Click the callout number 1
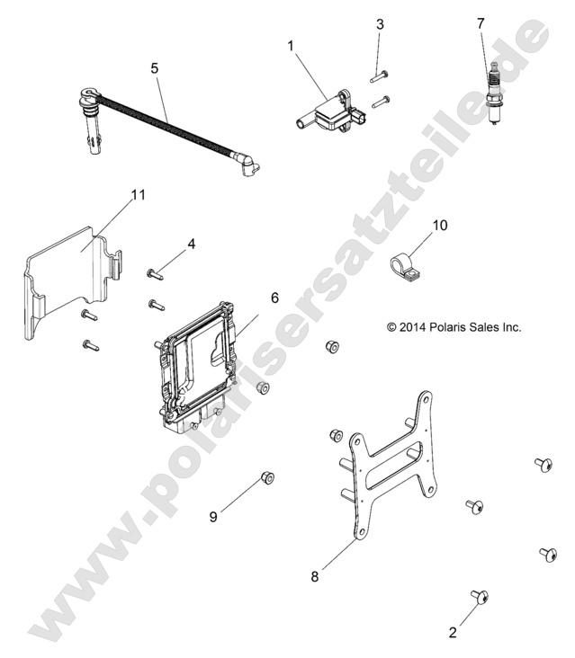coord(291,46)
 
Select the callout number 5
coord(155,68)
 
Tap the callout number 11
coord(139,195)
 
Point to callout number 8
coord(315,576)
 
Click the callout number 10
coord(440,226)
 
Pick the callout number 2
coord(453,633)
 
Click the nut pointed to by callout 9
coord(267,477)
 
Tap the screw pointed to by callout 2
coord(480,596)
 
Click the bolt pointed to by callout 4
coord(155,274)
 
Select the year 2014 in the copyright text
coord(412,327)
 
